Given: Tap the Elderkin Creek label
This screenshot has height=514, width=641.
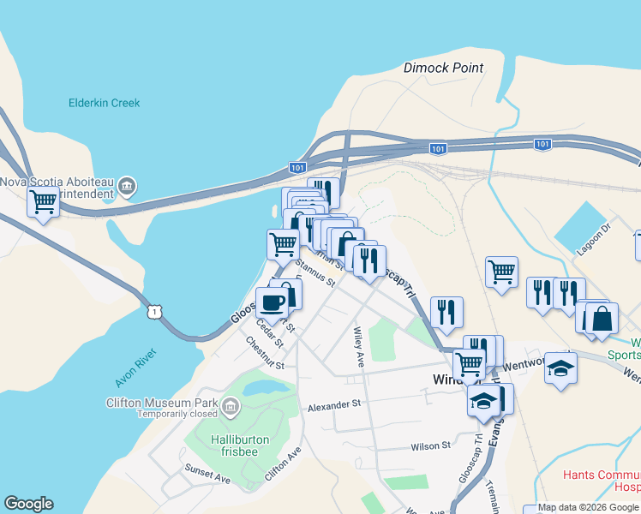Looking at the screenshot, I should (x=104, y=103).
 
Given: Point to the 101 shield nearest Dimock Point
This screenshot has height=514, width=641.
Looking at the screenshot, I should (x=438, y=149).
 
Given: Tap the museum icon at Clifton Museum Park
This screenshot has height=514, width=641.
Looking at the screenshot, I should (x=230, y=404).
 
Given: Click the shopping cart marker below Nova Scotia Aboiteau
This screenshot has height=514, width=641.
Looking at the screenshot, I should (x=43, y=202).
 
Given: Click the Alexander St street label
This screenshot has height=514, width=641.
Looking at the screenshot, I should (x=335, y=404).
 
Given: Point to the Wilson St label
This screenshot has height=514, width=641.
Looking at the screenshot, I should (x=430, y=445).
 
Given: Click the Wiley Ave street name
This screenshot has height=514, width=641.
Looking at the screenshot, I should (x=359, y=347).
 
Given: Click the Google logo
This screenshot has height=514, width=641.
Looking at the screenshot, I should (x=28, y=503).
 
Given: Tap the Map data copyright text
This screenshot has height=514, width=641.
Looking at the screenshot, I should (x=588, y=508).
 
